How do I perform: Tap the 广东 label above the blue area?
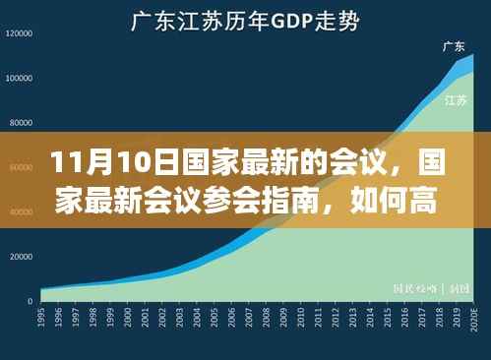click(454, 46)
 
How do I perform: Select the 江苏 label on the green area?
click(455, 99)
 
